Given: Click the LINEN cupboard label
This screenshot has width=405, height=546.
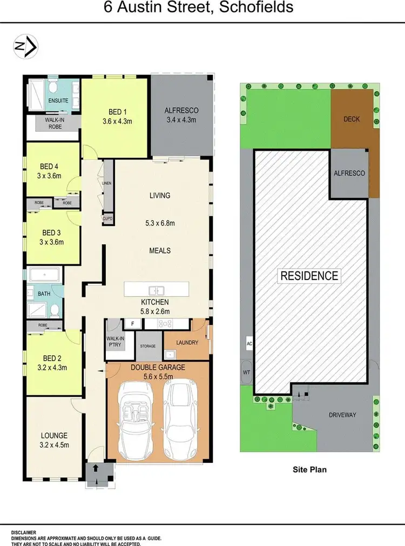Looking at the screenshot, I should point(107,184).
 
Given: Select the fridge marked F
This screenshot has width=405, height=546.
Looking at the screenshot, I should point(132,323).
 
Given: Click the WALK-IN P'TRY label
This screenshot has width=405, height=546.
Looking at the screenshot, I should point(115,342).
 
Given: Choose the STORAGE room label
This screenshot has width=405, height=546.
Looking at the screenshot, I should point(147,346).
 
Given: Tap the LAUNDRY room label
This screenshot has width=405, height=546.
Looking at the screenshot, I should point(186,342).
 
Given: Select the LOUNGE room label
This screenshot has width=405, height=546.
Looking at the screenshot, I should point(54,435).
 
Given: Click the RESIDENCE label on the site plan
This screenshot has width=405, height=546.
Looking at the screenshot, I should point(309,275).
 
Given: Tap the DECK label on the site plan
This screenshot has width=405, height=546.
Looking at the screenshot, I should point(351,119).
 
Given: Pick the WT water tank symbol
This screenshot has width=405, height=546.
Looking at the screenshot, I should point(247,372).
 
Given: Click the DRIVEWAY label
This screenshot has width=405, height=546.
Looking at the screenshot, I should point(343,415).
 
